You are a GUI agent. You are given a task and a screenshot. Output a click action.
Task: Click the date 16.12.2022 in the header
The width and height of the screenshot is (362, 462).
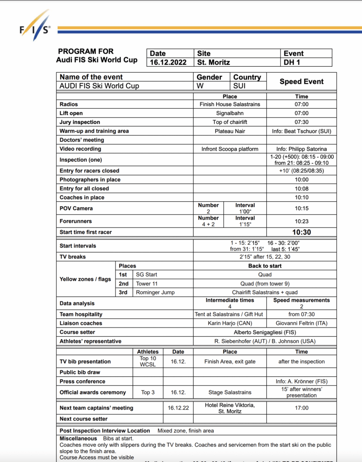point(167,62)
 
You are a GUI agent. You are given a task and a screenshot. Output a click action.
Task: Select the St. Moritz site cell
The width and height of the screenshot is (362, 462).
point(213,62)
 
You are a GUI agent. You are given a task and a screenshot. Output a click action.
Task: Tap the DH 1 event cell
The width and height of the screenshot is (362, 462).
point(292,62)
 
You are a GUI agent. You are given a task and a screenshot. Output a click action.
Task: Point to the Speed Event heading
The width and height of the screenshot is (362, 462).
point(302,82)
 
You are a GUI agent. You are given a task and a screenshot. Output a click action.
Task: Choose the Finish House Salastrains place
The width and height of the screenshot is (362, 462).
point(230,104)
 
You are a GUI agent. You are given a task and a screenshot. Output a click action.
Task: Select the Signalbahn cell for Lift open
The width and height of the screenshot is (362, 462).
point(230,113)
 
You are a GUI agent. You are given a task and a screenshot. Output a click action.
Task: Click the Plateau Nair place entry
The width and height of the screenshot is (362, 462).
point(230,131)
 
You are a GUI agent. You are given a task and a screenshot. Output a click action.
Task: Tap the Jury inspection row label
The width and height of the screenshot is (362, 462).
point(80,122)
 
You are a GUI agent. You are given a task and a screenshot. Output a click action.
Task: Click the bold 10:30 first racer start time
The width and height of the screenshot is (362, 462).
point(302,232)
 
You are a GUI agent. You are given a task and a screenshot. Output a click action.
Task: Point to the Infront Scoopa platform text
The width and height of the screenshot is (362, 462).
point(230,149)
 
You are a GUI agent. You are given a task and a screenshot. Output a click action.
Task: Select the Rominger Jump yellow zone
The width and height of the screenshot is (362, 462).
point(155,292)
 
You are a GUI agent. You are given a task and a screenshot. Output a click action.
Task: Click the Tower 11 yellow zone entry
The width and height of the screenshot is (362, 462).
point(147,283)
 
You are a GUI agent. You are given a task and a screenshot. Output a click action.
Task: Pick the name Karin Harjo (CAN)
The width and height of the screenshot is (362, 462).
point(230,323)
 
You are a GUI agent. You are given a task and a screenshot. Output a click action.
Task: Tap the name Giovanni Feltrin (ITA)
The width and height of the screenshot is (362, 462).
point(302,323)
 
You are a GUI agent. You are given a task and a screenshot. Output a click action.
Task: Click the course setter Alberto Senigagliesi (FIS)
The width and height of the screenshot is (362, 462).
point(265,332)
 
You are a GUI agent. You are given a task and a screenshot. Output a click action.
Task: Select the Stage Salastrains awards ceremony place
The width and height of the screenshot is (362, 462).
point(230,392)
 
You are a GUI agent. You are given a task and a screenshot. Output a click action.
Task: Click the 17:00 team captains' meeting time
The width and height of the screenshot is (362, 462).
point(302,408)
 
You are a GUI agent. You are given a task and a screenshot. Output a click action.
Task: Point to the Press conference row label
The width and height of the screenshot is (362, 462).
point(83,381)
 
